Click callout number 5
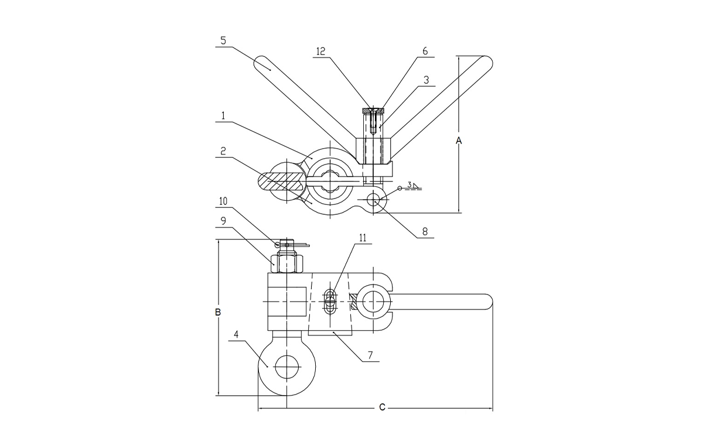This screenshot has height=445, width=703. pos(224,41)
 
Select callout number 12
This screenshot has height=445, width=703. pos(320,52)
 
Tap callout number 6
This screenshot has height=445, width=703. pos(425,52)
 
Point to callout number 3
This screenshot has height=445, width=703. pos(426,79)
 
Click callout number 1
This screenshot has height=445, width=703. pos(224,117)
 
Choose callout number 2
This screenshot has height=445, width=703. pos(224,150)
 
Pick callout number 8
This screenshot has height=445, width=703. pos(425,232)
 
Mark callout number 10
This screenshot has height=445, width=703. pos(224,201)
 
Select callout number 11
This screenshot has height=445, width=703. pos(363,238)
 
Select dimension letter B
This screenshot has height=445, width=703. pos(217,312)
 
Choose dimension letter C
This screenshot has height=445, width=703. pos(381,407)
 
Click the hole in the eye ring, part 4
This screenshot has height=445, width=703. pos(286,365)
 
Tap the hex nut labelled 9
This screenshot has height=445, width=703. pos(286,263)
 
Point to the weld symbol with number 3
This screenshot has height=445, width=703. pos(411,186)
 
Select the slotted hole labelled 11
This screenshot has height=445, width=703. pos(330,300)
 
